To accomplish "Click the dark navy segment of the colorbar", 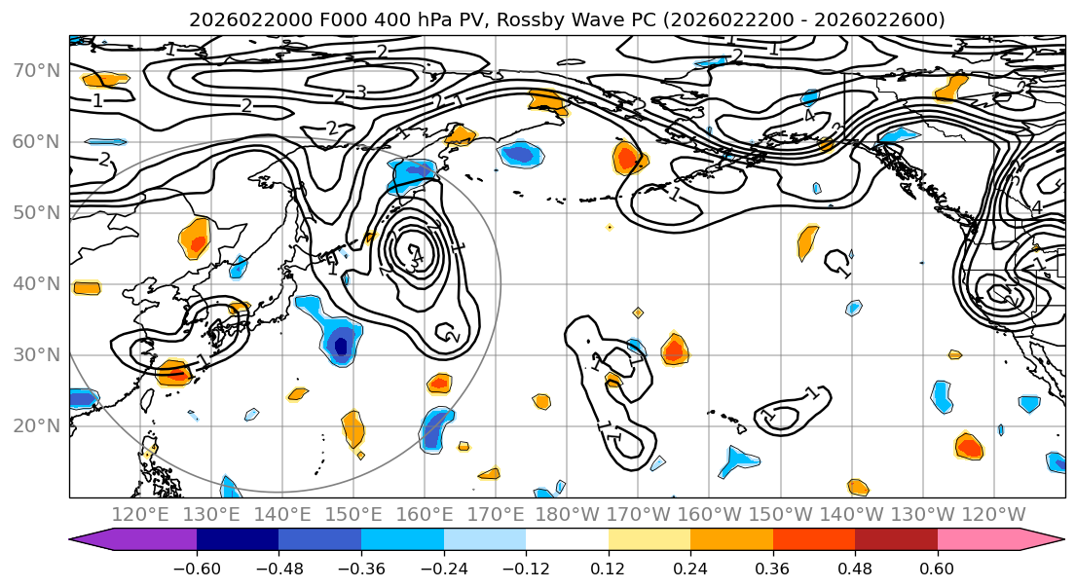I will pos(238,540).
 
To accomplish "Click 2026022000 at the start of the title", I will pos(238,19).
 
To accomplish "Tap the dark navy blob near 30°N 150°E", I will pos(341,346).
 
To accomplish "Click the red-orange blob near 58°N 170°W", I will pos(629,157).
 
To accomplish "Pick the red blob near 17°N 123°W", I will pos(969,447).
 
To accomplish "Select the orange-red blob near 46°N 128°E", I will pos(196,239).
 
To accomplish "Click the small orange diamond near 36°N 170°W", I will pos(638,312).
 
